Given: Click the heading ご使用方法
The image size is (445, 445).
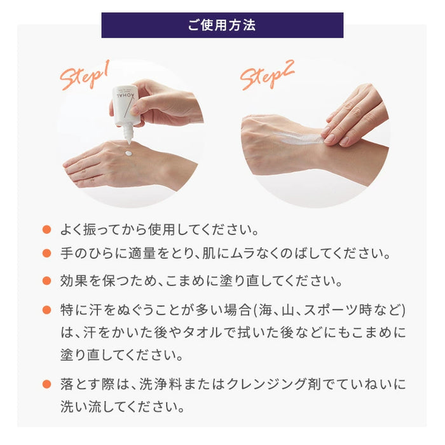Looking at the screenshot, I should click(x=222, y=25).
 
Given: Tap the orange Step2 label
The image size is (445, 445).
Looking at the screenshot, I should click(x=267, y=75).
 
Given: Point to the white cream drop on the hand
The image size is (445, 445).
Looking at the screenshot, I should click(x=129, y=153).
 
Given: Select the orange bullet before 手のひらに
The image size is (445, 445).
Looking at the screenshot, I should click(x=46, y=254).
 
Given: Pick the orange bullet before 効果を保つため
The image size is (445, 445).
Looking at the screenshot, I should click(x=46, y=280).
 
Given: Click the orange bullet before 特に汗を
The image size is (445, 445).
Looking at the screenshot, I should click(x=46, y=310).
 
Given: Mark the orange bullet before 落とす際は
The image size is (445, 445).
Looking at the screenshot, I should click(x=46, y=384).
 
